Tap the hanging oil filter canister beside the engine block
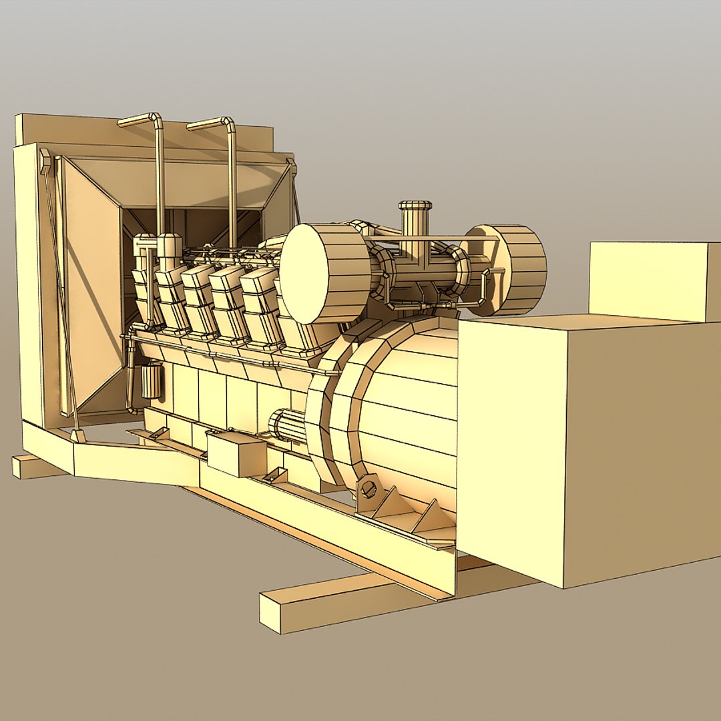[x=152, y=381]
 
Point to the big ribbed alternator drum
[x=401, y=414]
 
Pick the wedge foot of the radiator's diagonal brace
[x=78, y=436]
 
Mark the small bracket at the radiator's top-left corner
[x=45, y=160]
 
